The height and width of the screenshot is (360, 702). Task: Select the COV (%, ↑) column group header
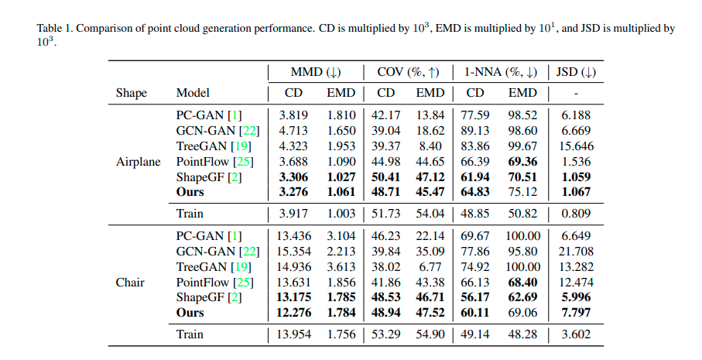pyautogui.click(x=407, y=73)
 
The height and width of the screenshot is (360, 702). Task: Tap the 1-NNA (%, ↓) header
pyautogui.click(x=500, y=73)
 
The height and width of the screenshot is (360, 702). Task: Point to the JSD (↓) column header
pyautogui.click(x=577, y=73)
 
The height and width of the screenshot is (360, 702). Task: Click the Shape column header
pyautogui.click(x=131, y=93)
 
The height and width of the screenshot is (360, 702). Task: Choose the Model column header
pyautogui.click(x=193, y=93)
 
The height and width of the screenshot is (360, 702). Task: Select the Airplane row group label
pyautogui.click(x=139, y=162)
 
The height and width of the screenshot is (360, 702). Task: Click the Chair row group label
pyautogui.click(x=130, y=282)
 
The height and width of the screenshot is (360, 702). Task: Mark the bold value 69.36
pyautogui.click(x=522, y=162)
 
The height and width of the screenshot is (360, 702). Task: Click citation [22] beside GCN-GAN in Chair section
pyautogui.click(x=249, y=251)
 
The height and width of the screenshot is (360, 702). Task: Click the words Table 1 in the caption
pyautogui.click(x=55, y=28)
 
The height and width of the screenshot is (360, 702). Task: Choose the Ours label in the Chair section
pyautogui.click(x=190, y=313)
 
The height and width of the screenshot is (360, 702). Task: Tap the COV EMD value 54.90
pyautogui.click(x=430, y=334)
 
